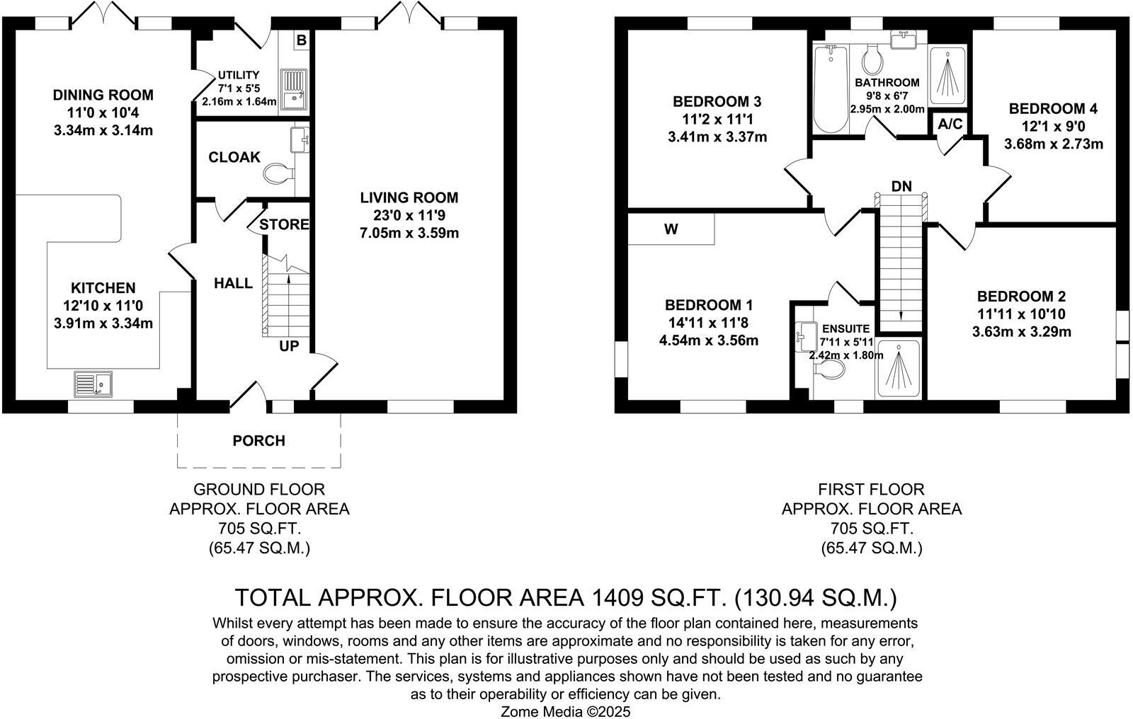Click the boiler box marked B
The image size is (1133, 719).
pos(302,40)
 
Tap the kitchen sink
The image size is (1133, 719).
pos(93,384)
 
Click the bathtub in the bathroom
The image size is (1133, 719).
pos(831,89)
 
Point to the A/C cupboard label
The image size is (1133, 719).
pos(950,124)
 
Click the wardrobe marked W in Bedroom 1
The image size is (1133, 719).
pos(671,229)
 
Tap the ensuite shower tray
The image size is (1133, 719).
pos(899,368)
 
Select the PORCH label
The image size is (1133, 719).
pos(259,441)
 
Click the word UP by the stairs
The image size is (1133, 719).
pos(289,346)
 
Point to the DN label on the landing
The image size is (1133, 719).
pos(901,187)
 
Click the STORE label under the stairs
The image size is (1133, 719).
pos(284,224)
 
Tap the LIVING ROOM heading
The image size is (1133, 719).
pos(409,197)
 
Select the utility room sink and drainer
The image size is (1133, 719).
pos(294,89)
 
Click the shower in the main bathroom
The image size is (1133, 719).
pos(947,75)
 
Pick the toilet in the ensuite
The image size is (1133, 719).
pos(829,369)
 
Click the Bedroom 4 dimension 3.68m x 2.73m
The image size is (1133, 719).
pos(1054,144)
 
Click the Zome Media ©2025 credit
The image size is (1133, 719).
pos(566,712)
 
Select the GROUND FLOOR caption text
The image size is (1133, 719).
pos(259,490)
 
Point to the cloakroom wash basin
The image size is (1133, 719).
pos(300,139)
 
